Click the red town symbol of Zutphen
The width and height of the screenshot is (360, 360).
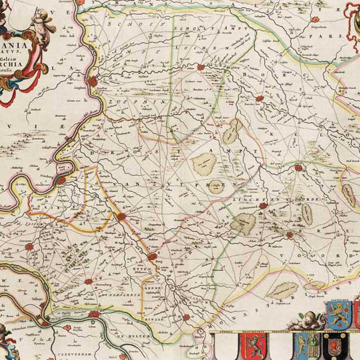(x=93, y=80)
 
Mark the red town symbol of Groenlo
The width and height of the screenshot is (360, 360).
(x=298, y=167)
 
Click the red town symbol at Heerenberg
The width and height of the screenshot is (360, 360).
(x=88, y=281)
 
